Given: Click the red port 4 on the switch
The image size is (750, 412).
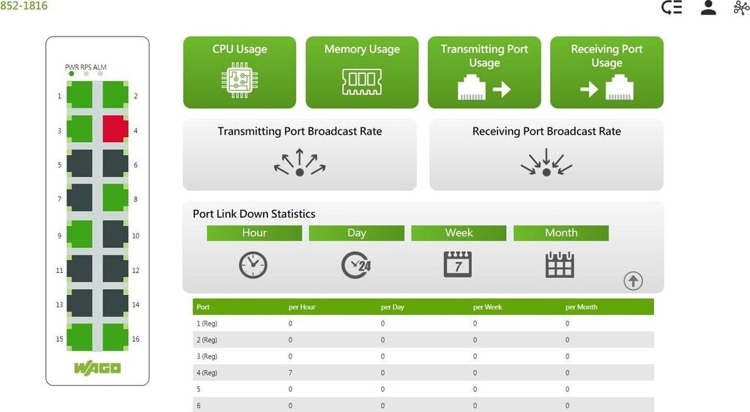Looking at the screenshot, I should pyautogui.click(x=115, y=129).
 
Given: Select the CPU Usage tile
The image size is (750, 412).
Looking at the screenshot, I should pyautogui.click(x=240, y=72).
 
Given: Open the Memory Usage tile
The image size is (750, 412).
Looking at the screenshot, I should pyautogui.click(x=362, y=72).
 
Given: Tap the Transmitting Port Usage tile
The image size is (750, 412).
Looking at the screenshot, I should pyautogui.click(x=484, y=72).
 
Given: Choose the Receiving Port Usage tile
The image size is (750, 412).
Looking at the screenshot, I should pyautogui.click(x=606, y=72).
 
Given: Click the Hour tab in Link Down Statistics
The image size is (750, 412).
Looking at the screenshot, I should pyautogui.click(x=254, y=233).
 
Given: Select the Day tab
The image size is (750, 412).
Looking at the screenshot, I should pyautogui.click(x=356, y=233).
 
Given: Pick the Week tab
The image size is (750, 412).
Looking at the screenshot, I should pyautogui.click(x=458, y=233).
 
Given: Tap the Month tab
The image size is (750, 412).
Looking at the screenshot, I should pyautogui.click(x=561, y=233).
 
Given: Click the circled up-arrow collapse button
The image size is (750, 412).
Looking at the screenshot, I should pyautogui.click(x=633, y=280).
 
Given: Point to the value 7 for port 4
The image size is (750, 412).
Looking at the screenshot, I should pyautogui.click(x=291, y=373).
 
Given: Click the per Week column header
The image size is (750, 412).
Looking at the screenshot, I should pyautogui.click(x=487, y=307).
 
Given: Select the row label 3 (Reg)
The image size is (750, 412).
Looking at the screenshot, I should pyautogui.click(x=207, y=356).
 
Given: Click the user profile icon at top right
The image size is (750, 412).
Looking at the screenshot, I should pyautogui.click(x=708, y=8).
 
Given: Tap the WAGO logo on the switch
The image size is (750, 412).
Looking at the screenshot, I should pyautogui.click(x=97, y=367).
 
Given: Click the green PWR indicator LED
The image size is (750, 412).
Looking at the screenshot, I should pyautogui.click(x=71, y=74).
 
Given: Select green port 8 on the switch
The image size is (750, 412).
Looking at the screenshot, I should pyautogui.click(x=115, y=198).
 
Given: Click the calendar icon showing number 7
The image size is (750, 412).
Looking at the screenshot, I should pyautogui.click(x=458, y=264).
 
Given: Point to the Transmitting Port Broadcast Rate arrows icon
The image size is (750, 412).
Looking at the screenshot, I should pyautogui.click(x=300, y=162).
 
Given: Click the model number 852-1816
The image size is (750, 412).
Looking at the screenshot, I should pyautogui.click(x=23, y=6).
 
